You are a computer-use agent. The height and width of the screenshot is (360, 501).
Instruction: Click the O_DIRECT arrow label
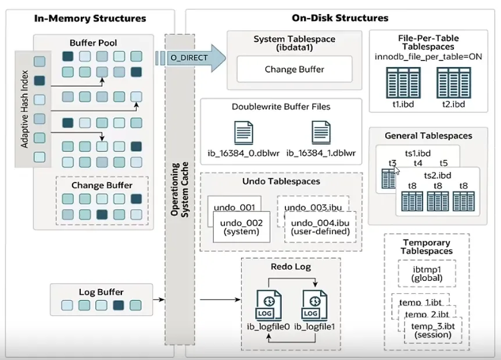pos(189,58)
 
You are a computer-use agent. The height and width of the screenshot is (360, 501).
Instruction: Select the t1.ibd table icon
pos(403,83)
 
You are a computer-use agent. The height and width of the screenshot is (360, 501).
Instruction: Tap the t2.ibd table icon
pos(454,83)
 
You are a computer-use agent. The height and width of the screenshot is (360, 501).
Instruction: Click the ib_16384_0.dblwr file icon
pos(244,133)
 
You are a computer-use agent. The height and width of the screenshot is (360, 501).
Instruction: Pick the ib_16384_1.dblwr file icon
pos(321,133)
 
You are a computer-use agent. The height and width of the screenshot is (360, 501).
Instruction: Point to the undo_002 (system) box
pos(242,227)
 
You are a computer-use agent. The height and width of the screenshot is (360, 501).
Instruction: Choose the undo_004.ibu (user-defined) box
pos(320,227)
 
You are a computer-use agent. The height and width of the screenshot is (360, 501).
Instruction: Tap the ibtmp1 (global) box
pos(427,274)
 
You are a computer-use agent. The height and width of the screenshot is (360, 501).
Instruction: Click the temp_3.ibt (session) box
pos(433,330)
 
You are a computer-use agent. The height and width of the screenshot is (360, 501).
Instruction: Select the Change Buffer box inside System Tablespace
pos(294,69)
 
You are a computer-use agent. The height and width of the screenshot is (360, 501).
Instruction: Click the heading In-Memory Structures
pos(90,18)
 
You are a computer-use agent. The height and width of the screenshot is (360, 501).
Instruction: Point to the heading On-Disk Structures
pos(340,18)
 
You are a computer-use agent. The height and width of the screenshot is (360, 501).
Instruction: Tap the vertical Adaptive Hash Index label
pos(24,109)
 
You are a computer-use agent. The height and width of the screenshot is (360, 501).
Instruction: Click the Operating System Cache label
pos(180,190)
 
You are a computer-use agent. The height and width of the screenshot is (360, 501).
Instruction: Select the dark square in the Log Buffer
pos(119,305)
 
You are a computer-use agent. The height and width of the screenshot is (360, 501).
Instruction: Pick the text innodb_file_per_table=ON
pos(428,57)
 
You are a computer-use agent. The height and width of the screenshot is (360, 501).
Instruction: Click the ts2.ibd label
pos(438,176)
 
